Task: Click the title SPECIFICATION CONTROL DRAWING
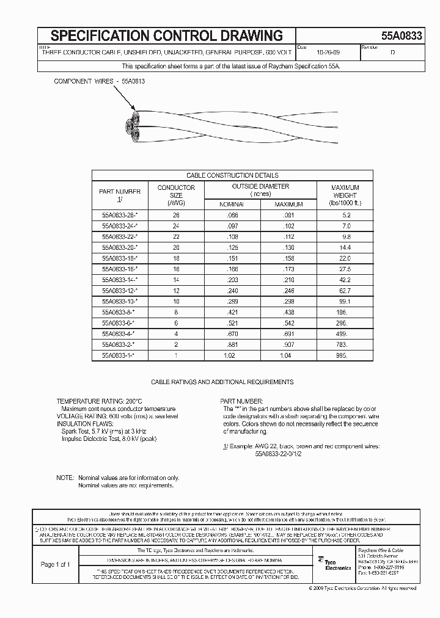tap(166, 35)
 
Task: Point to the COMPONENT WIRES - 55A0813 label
tap(100, 81)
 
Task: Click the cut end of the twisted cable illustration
tap(131, 125)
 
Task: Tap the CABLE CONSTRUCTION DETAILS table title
tap(232, 175)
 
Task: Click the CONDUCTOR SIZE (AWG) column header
tap(176, 195)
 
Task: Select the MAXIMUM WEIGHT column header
tap(345, 195)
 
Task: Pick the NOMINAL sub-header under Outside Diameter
tap(232, 204)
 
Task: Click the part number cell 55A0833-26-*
tap(120, 215)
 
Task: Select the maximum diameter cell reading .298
tap(288, 302)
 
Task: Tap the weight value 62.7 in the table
tap(345, 291)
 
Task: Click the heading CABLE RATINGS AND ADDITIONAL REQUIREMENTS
tap(222, 382)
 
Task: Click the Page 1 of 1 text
tap(55, 564)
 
